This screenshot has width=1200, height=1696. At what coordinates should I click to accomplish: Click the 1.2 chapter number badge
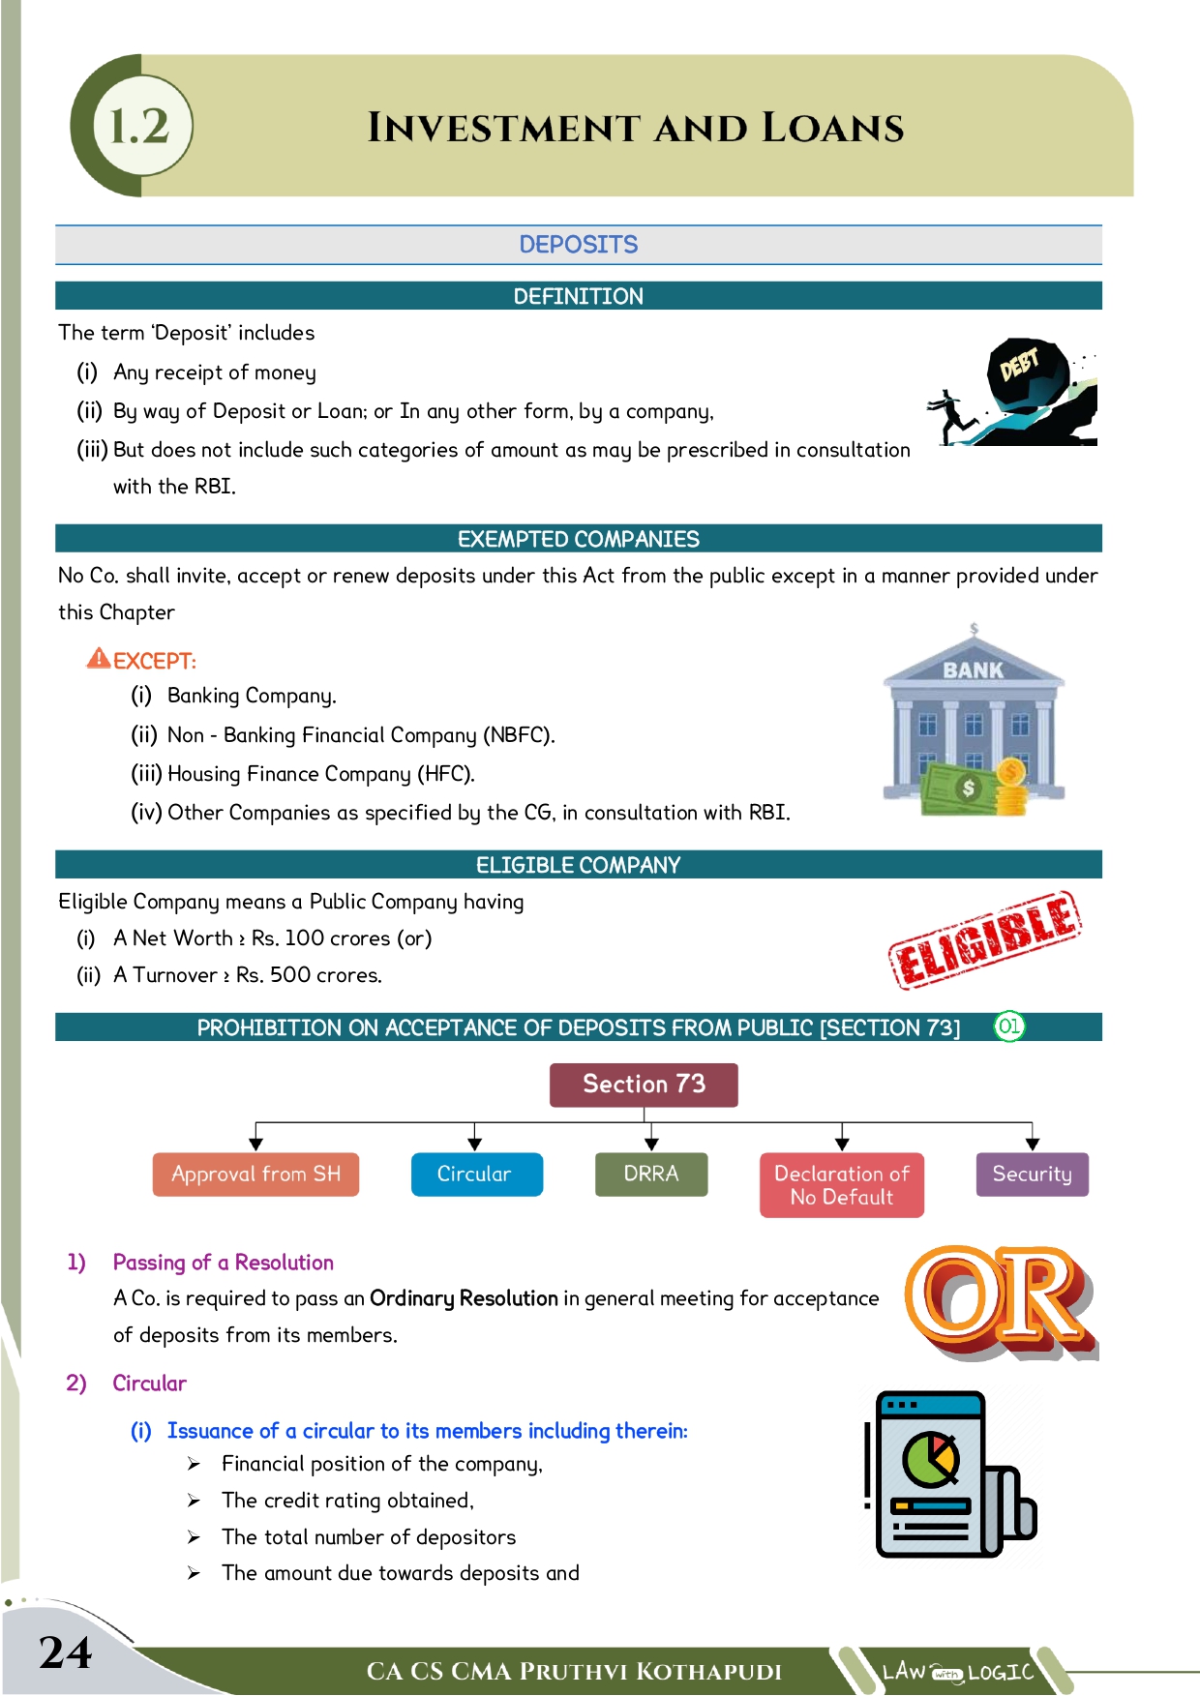point(141,126)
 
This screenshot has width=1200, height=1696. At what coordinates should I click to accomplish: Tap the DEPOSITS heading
point(578,245)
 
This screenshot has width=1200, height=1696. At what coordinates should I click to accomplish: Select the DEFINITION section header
point(578,296)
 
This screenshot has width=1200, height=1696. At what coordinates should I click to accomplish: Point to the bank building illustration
point(974,721)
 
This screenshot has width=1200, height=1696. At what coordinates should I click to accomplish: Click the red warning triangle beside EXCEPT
point(99,659)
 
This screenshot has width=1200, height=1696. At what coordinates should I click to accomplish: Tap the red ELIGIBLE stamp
point(984,938)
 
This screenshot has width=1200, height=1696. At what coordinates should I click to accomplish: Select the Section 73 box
point(644,1085)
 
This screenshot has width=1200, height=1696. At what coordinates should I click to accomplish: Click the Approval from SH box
point(255,1175)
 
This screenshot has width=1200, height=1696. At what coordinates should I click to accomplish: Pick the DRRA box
point(650,1175)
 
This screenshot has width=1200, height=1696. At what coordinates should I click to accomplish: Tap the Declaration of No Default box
point(841,1185)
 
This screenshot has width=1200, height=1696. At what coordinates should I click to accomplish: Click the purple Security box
point(1032,1175)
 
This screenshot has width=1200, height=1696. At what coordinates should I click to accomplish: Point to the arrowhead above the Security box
point(1032,1144)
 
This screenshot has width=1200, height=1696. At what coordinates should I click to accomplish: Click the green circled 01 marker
point(1008,1027)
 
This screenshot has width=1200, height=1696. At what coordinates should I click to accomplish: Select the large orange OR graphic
point(1000,1302)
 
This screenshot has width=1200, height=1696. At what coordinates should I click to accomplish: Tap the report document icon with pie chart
point(948,1473)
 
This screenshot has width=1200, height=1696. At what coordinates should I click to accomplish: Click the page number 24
point(66,1652)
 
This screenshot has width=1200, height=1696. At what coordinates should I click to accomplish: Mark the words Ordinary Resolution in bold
point(464,1298)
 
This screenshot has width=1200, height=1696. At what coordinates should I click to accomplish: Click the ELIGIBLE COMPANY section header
point(578,865)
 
